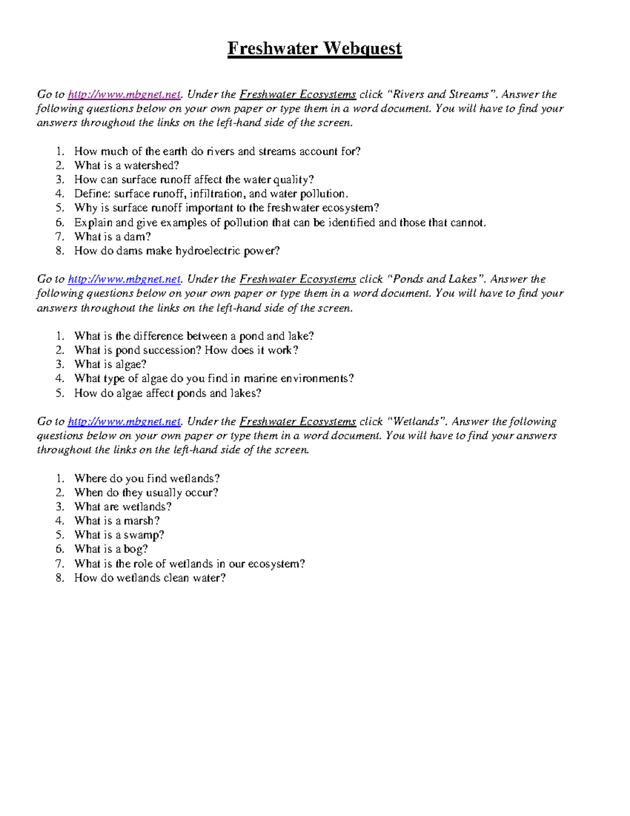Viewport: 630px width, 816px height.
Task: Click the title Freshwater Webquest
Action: (x=314, y=49)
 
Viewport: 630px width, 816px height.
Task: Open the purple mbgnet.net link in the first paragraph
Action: (x=124, y=95)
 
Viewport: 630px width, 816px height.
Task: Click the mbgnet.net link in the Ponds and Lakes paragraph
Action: (x=124, y=279)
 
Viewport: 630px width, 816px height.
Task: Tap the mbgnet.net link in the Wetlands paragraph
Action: (x=124, y=421)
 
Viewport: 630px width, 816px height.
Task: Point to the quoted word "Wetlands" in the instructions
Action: (x=415, y=421)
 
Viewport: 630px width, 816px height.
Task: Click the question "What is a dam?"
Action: (x=112, y=236)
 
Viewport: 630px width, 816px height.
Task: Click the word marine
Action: (x=260, y=378)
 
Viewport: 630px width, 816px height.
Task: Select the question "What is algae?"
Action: (x=110, y=364)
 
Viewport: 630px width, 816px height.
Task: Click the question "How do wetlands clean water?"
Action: (x=150, y=578)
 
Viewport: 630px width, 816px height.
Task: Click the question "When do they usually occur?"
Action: (x=146, y=492)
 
